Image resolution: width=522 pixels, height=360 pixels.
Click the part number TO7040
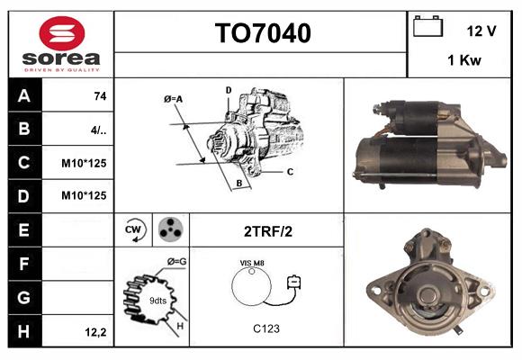point(262,34)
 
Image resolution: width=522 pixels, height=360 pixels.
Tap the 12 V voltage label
point(481,31)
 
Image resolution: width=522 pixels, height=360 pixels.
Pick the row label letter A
point(24,95)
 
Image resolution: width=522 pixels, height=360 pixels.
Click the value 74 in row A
point(99,95)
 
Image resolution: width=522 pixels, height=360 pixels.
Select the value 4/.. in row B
point(99,129)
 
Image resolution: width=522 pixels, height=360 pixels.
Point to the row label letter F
point(24,264)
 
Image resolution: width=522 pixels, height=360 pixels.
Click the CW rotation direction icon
point(135,230)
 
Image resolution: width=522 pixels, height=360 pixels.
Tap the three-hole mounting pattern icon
point(168,230)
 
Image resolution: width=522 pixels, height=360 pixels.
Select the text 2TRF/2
point(267,230)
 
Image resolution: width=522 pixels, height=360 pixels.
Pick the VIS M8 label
point(252,262)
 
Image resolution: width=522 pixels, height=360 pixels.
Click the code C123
point(265,328)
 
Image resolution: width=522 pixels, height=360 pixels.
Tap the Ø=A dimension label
point(174,98)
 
